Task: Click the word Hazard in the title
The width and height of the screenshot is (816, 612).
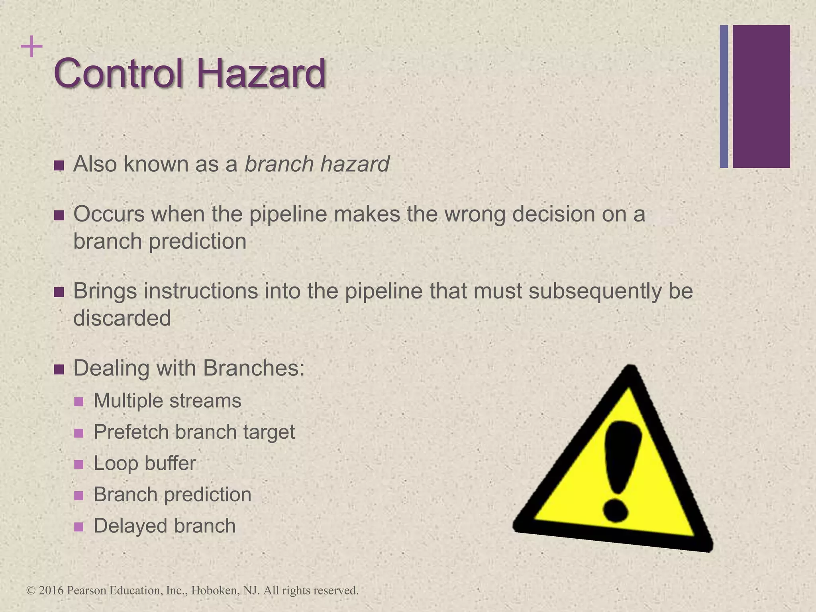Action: pos(261,73)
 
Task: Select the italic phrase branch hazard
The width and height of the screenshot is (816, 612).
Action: pos(317,164)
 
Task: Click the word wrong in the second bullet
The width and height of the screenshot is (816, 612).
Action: pos(475,214)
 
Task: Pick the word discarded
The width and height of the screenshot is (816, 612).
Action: pos(122,318)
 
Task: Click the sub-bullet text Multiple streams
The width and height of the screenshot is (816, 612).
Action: pos(167,401)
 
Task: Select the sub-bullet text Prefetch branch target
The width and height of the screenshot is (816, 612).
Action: pos(194,432)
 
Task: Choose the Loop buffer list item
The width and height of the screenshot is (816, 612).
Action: pos(145,463)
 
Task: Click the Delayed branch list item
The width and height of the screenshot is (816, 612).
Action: pos(165,526)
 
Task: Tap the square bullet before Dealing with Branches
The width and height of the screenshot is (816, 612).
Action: pos(59,369)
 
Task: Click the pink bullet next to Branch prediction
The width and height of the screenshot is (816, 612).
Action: pos(79,496)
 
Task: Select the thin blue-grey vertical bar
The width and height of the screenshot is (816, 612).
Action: pos(724,96)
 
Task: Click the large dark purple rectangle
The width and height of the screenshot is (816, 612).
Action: pos(761,96)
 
